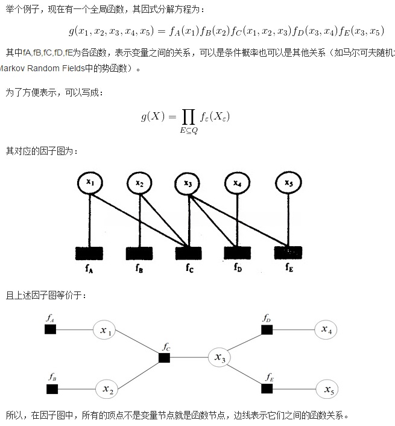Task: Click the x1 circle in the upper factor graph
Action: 90,182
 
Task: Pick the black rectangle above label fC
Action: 188,252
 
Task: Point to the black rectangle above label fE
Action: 288,252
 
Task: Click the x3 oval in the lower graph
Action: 220,358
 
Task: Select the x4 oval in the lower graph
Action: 326,329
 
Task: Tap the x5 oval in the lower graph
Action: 329,390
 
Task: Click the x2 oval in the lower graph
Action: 108,389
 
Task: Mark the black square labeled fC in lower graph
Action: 164,358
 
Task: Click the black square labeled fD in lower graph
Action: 267,329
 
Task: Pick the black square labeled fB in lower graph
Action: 52,389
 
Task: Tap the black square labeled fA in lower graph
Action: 51,329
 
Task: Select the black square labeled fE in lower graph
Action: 270,389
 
